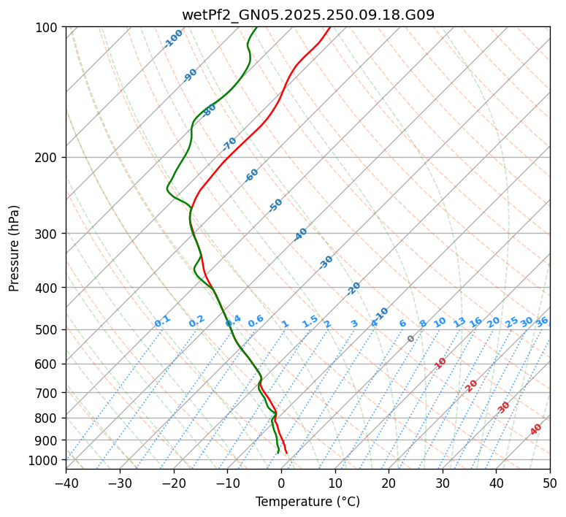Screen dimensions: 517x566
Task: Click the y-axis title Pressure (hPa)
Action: click(x=14, y=248)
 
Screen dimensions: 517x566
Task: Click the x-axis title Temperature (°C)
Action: click(x=307, y=502)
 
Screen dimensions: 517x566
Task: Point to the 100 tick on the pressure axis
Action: click(x=48, y=28)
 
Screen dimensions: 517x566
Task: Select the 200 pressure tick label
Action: click(x=48, y=158)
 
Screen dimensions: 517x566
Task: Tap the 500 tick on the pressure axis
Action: click(x=48, y=330)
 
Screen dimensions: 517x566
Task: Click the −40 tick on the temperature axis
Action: click(x=66, y=483)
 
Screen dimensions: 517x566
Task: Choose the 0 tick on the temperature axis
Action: click(x=281, y=483)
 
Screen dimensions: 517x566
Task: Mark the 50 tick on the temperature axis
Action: click(x=550, y=483)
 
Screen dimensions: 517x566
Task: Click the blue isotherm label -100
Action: click(x=173, y=39)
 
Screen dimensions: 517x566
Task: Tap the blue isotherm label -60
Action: click(x=252, y=175)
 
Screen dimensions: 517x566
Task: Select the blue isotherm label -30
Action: click(x=326, y=262)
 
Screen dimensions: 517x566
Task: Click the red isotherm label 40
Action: click(x=536, y=429)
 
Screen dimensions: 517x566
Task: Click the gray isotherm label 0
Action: click(x=411, y=339)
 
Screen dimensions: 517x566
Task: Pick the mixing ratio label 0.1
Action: click(x=162, y=321)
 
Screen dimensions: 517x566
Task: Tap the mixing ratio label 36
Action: click(x=542, y=321)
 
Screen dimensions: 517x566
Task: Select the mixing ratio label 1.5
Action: click(x=310, y=321)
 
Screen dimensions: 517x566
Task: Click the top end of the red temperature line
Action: click(x=329, y=27)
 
